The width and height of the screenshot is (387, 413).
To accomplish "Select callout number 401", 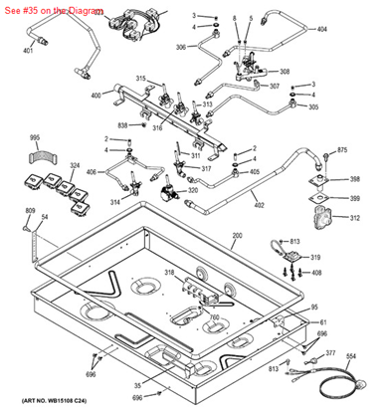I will (28, 51).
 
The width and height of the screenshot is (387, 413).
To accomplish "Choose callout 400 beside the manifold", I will (96, 96).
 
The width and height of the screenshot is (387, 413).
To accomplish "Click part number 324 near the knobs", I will (76, 165).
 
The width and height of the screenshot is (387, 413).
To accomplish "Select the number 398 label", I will (355, 180).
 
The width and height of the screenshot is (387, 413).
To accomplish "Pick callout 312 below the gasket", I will (355, 217).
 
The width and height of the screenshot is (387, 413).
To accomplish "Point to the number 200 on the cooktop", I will (236, 237).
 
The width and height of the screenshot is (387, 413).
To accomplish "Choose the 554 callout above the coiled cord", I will (351, 355).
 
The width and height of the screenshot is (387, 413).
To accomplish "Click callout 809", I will (30, 212).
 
